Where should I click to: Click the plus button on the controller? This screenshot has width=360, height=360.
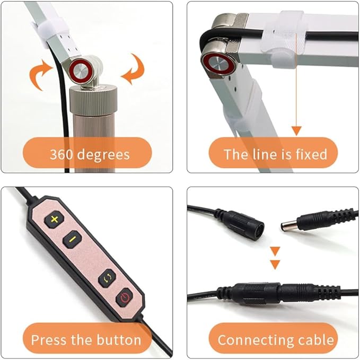click(x=55, y=219)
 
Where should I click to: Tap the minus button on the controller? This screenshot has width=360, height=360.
click(x=72, y=240)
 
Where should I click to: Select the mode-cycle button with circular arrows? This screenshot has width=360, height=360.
click(x=107, y=278)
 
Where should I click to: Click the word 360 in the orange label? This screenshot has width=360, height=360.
click(x=62, y=154)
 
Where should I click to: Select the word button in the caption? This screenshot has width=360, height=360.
click(x=119, y=340)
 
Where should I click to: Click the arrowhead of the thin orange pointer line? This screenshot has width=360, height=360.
click(x=296, y=131)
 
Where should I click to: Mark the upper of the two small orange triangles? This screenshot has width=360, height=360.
click(x=275, y=251)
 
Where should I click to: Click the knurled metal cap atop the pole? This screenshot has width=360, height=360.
click(x=93, y=99)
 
